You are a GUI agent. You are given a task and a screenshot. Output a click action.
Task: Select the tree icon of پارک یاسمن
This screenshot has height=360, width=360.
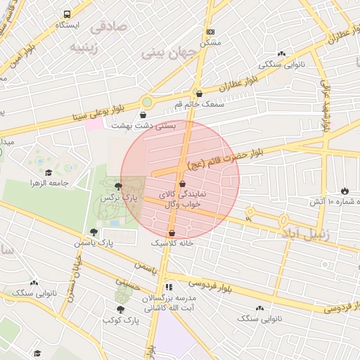(x=93, y=232)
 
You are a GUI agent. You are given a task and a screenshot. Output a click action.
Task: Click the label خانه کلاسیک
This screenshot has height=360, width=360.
(x=172, y=243)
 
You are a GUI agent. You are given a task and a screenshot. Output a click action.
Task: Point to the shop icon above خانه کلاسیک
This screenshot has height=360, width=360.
(x=172, y=233)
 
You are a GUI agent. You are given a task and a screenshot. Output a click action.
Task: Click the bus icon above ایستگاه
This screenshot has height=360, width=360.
(x=67, y=14)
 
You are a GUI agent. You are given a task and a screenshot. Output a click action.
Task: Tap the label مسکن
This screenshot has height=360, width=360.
(x=211, y=43)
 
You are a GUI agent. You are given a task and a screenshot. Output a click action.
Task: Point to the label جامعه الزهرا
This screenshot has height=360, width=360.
(x=49, y=183)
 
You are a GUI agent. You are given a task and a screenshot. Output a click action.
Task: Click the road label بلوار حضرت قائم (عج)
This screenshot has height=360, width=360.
(x=229, y=157)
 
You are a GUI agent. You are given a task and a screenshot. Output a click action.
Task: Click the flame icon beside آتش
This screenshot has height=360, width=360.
(x=345, y=191)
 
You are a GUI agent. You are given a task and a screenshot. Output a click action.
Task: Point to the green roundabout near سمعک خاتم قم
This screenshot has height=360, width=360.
(x=146, y=103)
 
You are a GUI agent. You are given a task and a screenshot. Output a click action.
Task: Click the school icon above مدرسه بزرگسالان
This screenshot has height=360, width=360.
(x=169, y=287)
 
